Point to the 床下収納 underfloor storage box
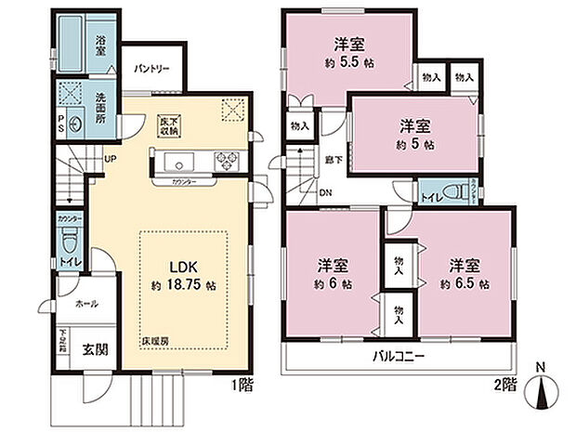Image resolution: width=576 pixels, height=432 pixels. (x=167, y=125)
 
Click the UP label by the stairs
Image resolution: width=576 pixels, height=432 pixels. (x=110, y=158)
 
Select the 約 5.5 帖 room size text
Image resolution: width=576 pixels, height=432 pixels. (x=348, y=63)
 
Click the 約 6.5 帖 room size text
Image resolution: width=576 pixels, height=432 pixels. (x=465, y=284)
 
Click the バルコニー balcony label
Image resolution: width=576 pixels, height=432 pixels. (x=399, y=355)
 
